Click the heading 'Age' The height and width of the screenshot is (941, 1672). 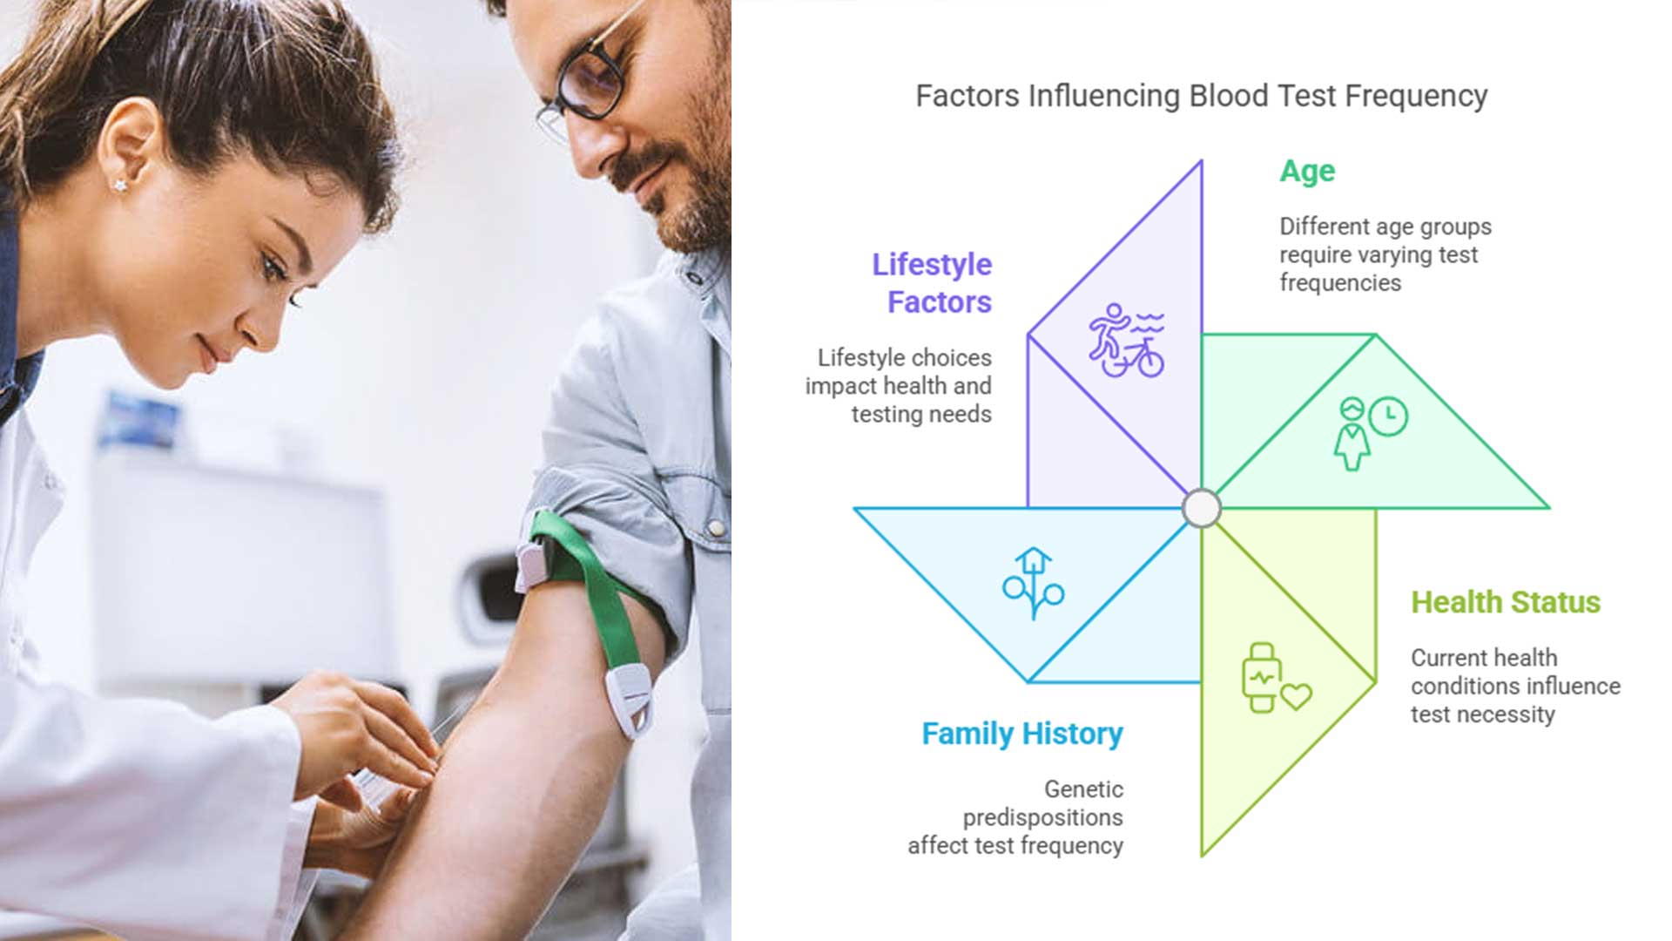(x=1306, y=172)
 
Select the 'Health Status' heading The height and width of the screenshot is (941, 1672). (x=1505, y=602)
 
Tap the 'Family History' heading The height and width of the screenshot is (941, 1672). (x=1021, y=734)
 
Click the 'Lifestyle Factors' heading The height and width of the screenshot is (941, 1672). (x=933, y=283)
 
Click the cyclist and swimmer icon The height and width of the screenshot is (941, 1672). (x=1126, y=341)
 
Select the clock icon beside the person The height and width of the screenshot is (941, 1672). (x=1388, y=416)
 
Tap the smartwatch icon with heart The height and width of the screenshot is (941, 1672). (x=1274, y=679)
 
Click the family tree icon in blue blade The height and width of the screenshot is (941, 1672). (x=1033, y=583)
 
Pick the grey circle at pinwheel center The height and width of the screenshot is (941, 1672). (x=1202, y=508)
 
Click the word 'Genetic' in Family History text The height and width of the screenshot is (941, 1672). (x=1083, y=789)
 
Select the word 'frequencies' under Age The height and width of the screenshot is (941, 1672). (x=1339, y=283)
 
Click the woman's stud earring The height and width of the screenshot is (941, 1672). (x=120, y=185)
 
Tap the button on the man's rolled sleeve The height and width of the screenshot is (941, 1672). (x=716, y=528)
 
